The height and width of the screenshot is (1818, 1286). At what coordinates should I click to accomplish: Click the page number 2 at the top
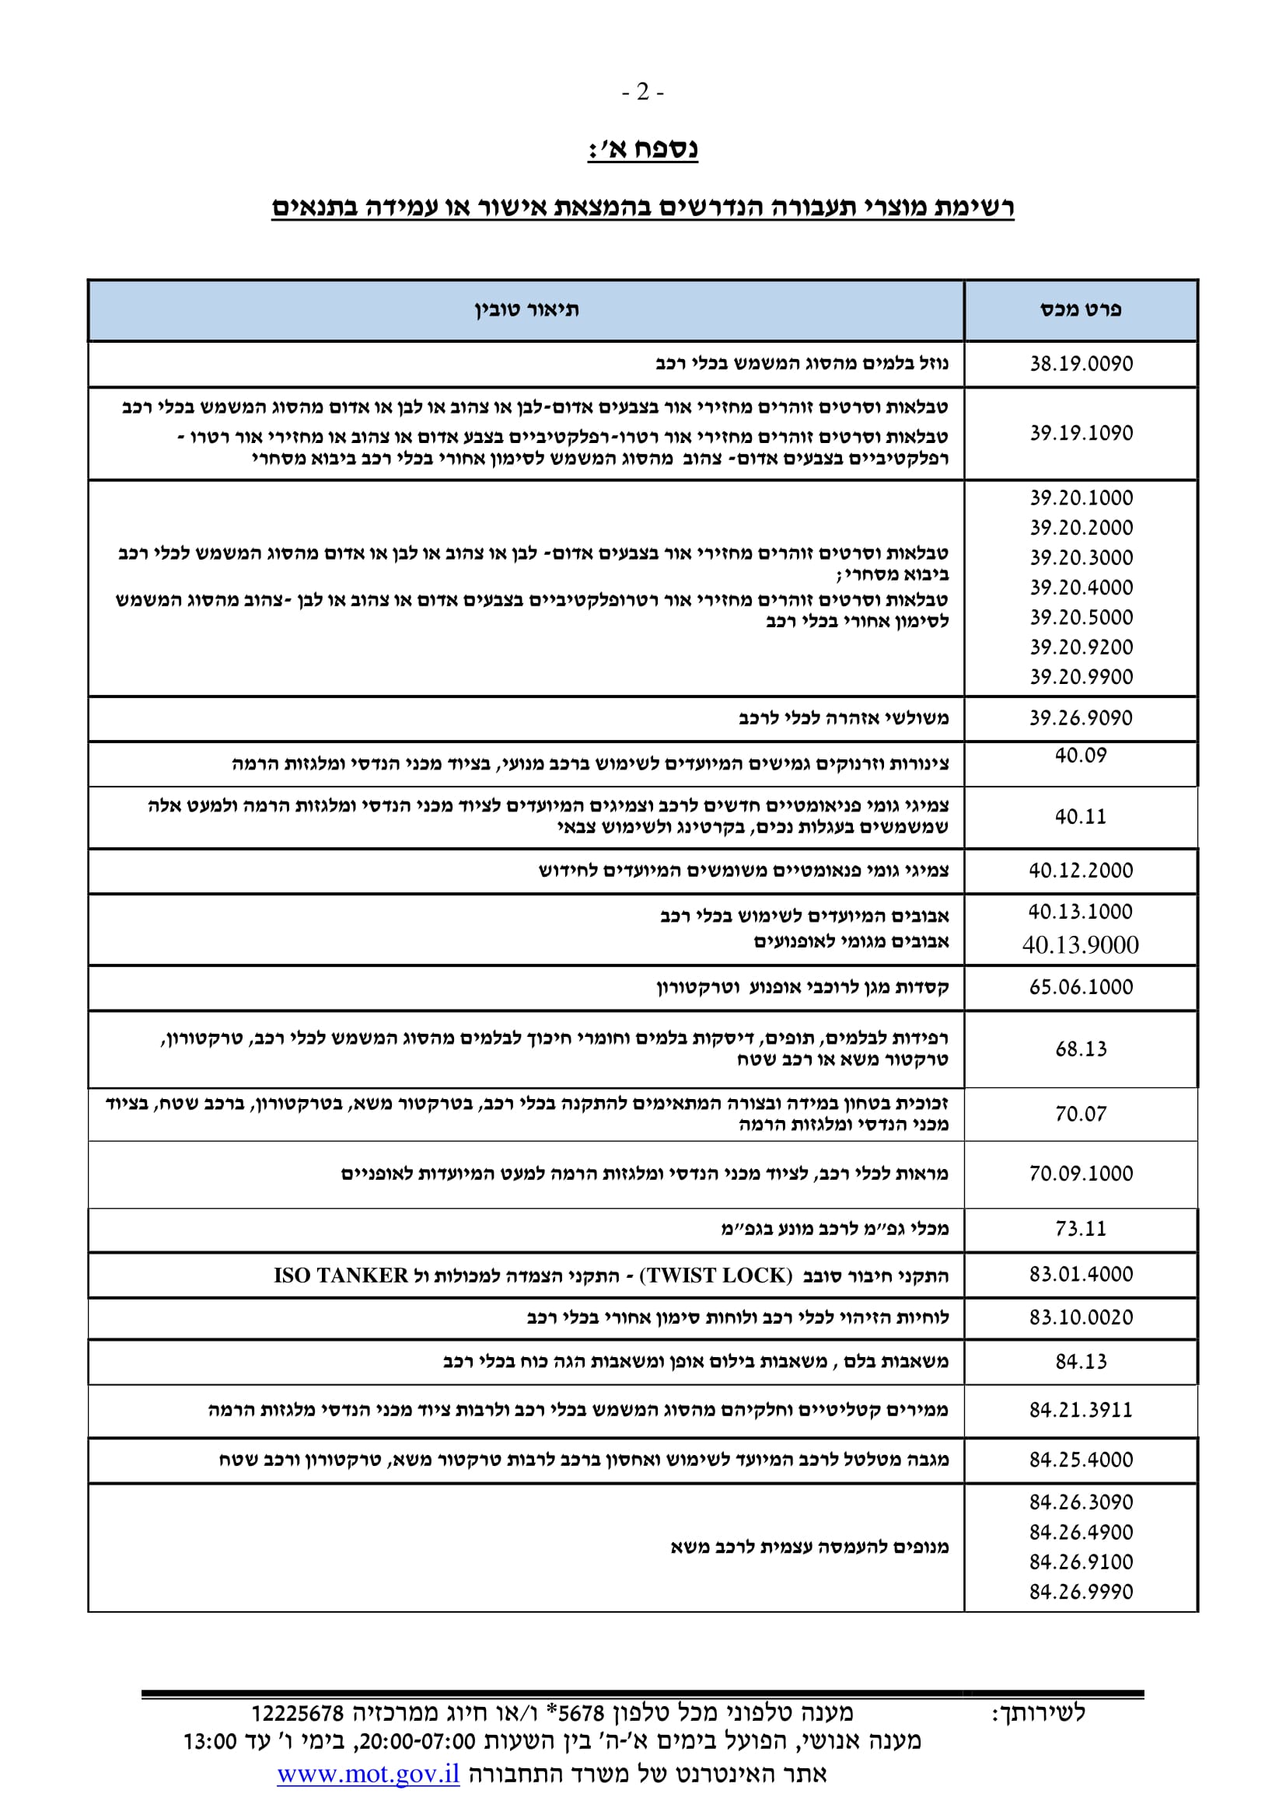pyautogui.click(x=642, y=92)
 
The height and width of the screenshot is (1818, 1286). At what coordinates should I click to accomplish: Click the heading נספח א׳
pyautogui.click(x=642, y=149)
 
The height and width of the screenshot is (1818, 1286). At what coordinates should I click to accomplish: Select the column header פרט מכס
pyautogui.click(x=1080, y=309)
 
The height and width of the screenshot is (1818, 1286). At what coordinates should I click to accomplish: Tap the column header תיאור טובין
pyautogui.click(x=526, y=309)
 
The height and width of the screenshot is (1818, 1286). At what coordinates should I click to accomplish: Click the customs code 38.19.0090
pyautogui.click(x=1081, y=364)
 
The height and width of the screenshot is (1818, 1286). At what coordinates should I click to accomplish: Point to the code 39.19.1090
pyautogui.click(x=1081, y=433)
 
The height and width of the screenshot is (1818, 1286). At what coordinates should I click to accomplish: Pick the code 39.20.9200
pyautogui.click(x=1081, y=647)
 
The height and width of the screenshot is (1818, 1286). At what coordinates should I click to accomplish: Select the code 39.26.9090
pyautogui.click(x=1081, y=718)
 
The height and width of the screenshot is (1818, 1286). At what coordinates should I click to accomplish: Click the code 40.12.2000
pyautogui.click(x=1081, y=871)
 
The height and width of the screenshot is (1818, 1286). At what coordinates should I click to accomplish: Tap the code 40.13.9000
pyautogui.click(x=1080, y=944)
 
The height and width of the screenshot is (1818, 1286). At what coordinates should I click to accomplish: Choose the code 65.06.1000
pyautogui.click(x=1081, y=986)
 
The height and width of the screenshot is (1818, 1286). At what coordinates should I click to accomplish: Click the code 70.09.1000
pyautogui.click(x=1081, y=1174)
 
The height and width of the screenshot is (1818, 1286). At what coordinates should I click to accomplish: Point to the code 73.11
pyautogui.click(x=1080, y=1228)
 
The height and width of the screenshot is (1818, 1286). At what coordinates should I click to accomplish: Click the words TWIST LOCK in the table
pyautogui.click(x=716, y=1275)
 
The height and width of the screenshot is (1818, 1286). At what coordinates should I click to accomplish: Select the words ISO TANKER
pyautogui.click(x=341, y=1275)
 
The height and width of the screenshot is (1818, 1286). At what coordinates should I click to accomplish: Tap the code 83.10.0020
pyautogui.click(x=1081, y=1317)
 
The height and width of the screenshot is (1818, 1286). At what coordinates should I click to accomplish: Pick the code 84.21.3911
pyautogui.click(x=1081, y=1409)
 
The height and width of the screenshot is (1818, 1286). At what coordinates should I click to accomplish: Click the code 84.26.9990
pyautogui.click(x=1081, y=1592)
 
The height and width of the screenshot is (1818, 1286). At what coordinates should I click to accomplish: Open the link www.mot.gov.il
pyautogui.click(x=369, y=1774)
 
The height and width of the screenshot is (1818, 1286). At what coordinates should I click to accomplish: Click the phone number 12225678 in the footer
pyautogui.click(x=297, y=1714)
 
